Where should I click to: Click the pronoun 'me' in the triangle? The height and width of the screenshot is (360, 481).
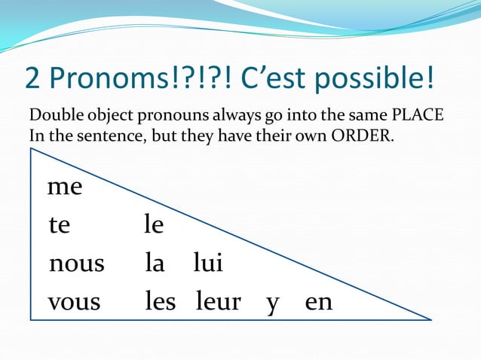point(64,187)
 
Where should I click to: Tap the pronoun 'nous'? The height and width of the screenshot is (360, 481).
point(76,264)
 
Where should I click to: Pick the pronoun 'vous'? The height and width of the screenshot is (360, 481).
point(74,302)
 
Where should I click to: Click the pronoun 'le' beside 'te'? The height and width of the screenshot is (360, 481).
point(154,224)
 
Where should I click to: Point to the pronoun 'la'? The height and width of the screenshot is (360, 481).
point(155,264)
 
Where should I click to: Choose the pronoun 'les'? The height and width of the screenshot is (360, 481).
point(160,302)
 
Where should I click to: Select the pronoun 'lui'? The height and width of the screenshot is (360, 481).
point(207,264)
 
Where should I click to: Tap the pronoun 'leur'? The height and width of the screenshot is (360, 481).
point(218,302)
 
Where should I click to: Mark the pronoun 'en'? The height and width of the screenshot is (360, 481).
point(318,303)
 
